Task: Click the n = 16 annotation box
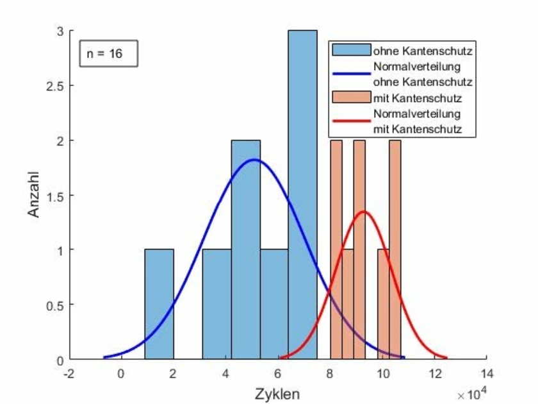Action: pyautogui.click(x=109, y=54)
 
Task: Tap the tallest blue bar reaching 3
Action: pyautogui.click(x=302, y=192)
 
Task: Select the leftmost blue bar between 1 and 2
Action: pyautogui.click(x=159, y=304)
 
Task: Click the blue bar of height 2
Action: pyautogui.click(x=246, y=250)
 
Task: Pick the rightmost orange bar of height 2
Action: pyautogui.click(x=395, y=250)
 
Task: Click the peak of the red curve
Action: pyautogui.click(x=364, y=212)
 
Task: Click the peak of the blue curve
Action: pyautogui.click(x=254, y=159)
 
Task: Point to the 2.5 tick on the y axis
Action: pyautogui.click(x=55, y=86)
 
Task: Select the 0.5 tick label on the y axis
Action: pyautogui.click(x=55, y=305)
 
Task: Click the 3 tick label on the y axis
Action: pyautogui.click(x=59, y=31)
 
